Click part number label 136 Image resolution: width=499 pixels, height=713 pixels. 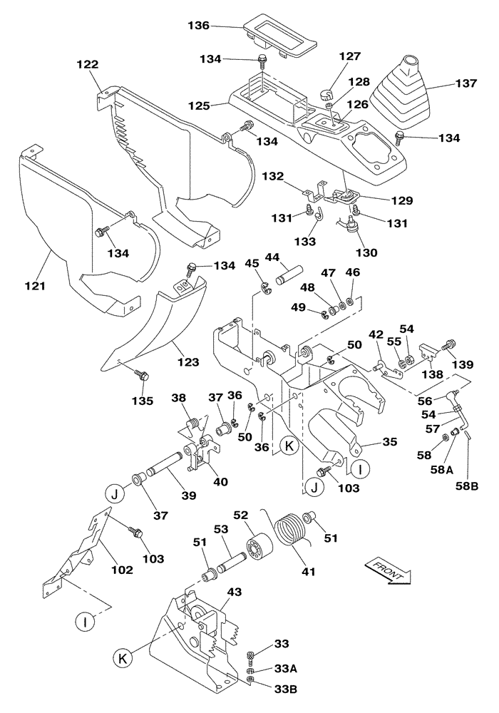(x=198, y=26)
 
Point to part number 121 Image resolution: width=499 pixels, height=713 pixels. (x=35, y=286)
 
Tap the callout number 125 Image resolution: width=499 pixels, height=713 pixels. (x=199, y=106)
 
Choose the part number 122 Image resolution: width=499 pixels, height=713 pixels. (x=88, y=65)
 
